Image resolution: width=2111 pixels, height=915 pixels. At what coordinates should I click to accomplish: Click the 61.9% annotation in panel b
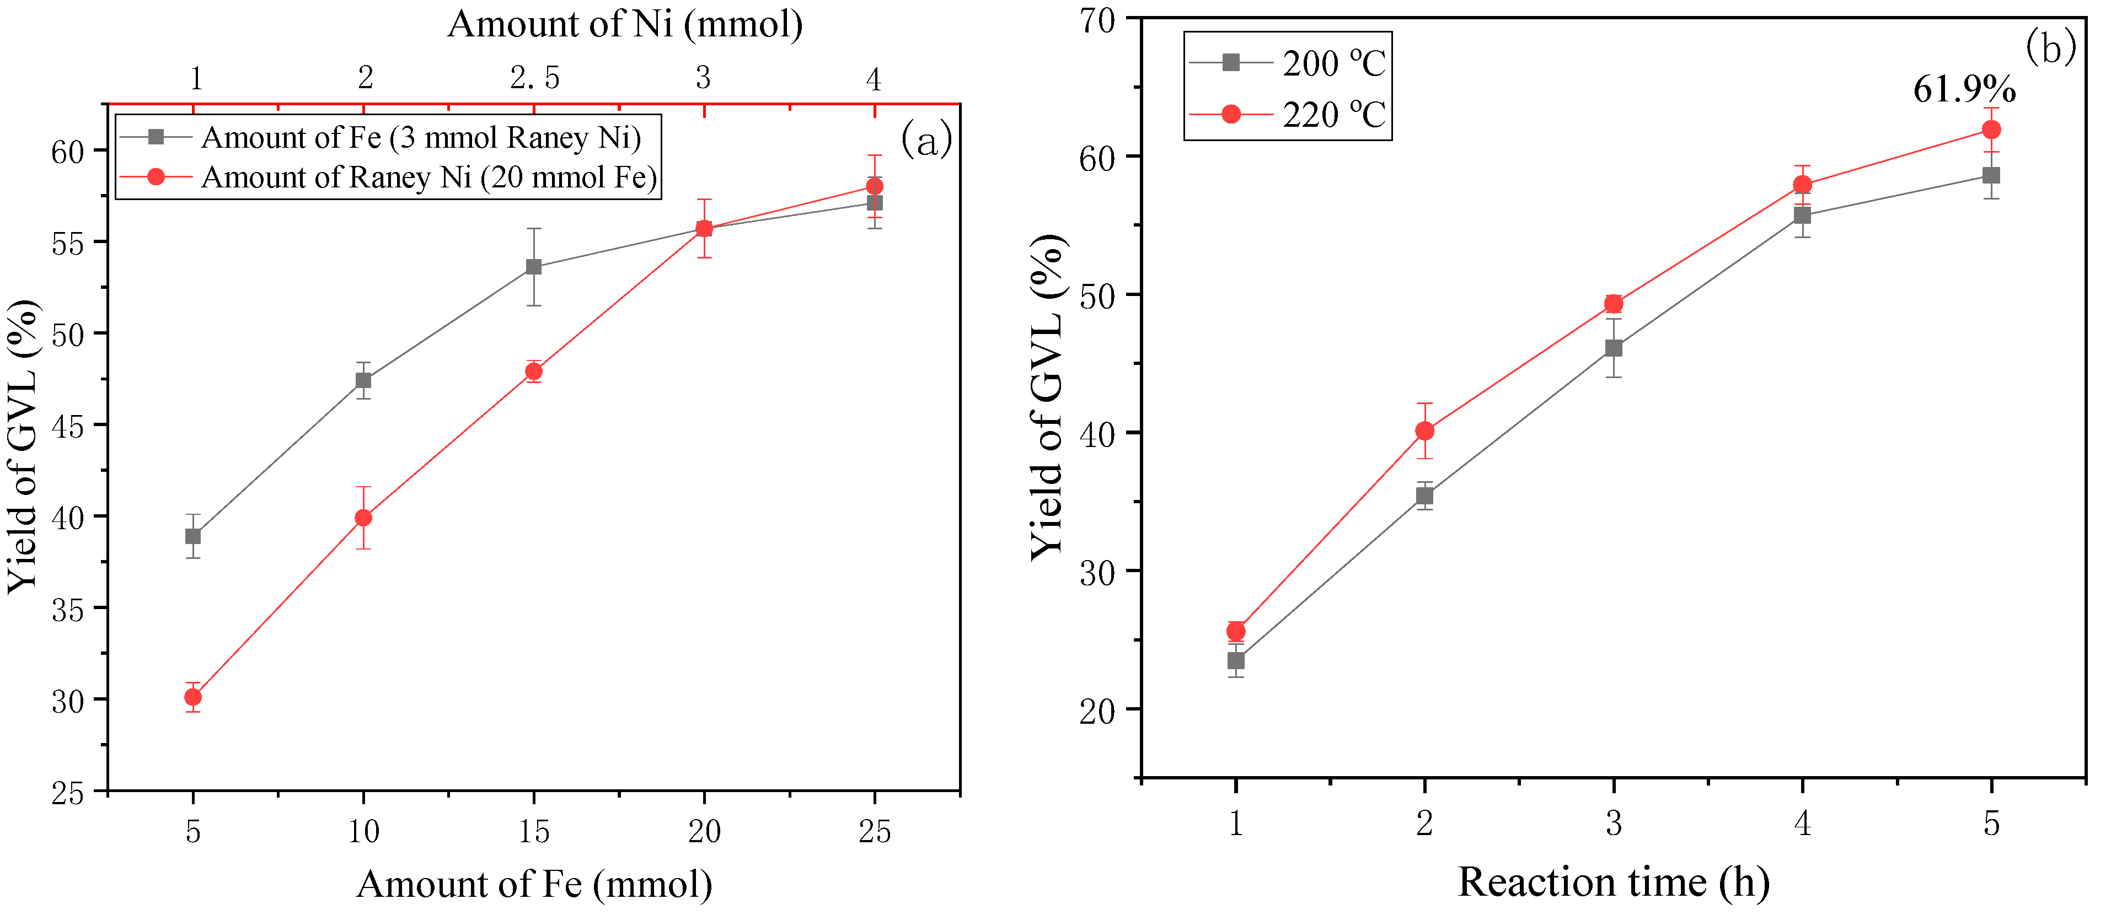1964,89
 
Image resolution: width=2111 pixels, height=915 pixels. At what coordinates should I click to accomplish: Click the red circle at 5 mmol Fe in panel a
194,697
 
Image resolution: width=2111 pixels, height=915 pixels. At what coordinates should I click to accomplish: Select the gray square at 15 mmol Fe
533,267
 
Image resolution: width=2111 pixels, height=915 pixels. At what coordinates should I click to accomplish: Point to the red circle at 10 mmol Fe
363,518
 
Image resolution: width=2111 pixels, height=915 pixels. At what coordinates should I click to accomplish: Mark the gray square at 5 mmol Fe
194,536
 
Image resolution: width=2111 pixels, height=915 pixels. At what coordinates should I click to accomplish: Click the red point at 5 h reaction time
1991,130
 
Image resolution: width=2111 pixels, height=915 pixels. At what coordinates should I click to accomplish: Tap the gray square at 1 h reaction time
1236,660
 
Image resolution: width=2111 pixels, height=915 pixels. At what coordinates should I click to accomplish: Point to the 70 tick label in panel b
1096,20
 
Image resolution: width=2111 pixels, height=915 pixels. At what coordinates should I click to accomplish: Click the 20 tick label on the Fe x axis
704,832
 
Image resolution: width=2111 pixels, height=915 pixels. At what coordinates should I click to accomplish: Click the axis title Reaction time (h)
1612,882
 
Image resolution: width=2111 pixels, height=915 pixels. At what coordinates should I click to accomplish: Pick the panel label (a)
926,139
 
